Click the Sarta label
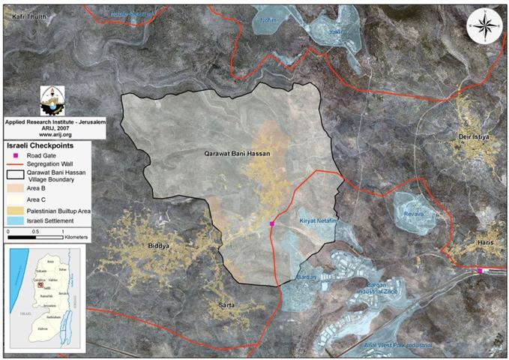[227, 304]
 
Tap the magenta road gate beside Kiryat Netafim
[272, 224]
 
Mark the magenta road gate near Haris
[480, 271]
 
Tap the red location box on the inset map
[40, 284]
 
